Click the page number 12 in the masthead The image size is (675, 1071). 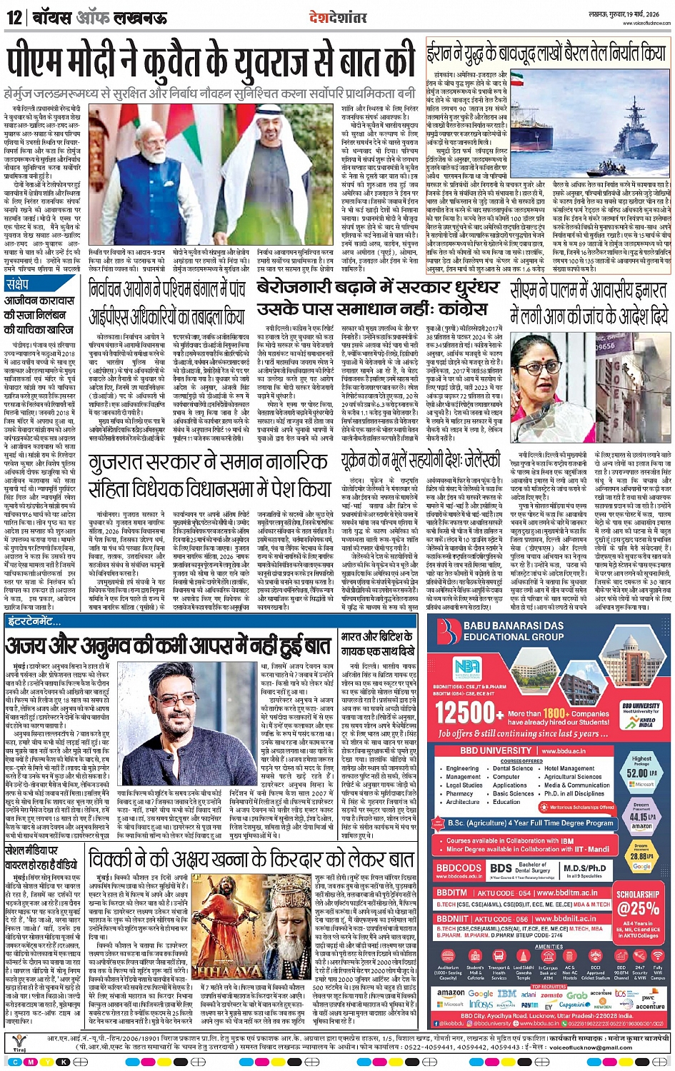pos(14,17)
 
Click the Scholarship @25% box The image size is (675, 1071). pos(639,903)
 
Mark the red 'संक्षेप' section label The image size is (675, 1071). pos(18,284)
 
